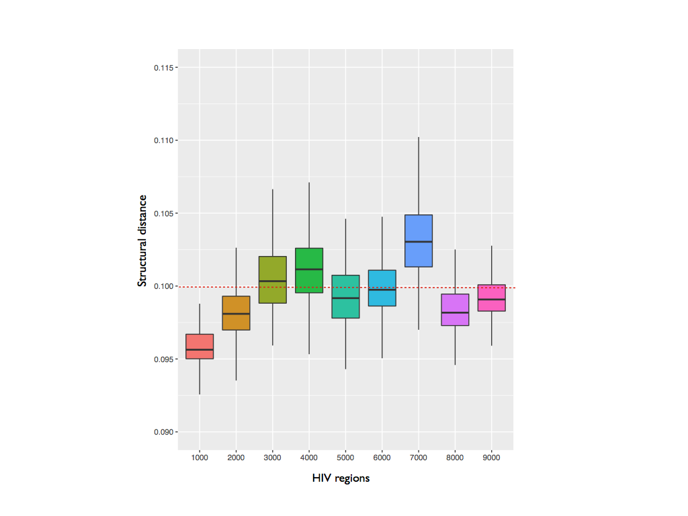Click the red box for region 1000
point(200,342)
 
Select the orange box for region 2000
point(236,322)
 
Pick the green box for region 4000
point(309,259)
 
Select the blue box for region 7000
point(419,228)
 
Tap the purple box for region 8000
point(455,319)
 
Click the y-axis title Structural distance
point(142,241)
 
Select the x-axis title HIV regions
point(341,478)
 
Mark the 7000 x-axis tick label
point(419,457)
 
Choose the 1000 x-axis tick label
point(200,457)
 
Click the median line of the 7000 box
point(419,241)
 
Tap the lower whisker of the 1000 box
point(200,376)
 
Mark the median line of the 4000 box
point(309,269)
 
